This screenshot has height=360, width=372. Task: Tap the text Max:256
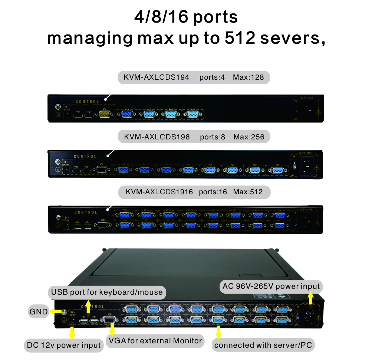(x=249, y=137)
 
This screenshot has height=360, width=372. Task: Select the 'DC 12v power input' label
(x=64, y=346)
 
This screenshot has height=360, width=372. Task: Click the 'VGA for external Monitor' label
(x=155, y=341)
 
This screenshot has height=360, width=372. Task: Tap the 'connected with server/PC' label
(x=264, y=345)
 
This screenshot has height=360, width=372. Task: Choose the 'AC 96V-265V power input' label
(x=270, y=286)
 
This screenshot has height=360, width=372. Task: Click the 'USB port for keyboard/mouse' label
(x=107, y=292)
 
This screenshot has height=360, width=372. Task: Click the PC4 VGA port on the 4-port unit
(x=127, y=115)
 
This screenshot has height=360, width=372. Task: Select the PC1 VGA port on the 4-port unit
(x=193, y=115)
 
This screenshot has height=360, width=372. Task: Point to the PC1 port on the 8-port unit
(x=277, y=170)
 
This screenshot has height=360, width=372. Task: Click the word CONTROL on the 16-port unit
(x=86, y=213)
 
